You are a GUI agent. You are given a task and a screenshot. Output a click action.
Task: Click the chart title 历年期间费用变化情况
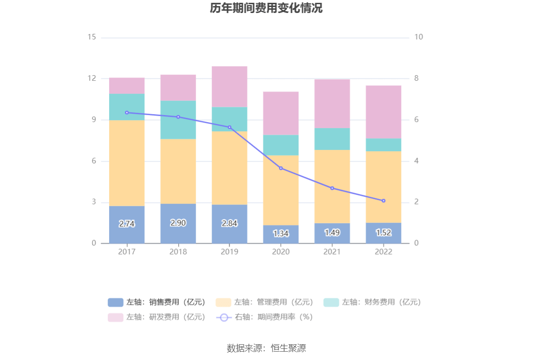(x=266, y=8)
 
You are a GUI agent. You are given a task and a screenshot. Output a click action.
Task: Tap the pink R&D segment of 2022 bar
(x=383, y=112)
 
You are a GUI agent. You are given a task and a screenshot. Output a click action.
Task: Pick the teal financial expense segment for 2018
(x=178, y=120)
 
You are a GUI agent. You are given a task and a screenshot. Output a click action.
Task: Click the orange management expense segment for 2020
(x=281, y=190)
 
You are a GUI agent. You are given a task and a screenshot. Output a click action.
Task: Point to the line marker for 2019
(x=229, y=127)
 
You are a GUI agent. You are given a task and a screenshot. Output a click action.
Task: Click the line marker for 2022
(x=383, y=201)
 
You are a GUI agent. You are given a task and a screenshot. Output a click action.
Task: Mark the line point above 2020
(x=281, y=168)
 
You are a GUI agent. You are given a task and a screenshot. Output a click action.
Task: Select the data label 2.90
(x=178, y=223)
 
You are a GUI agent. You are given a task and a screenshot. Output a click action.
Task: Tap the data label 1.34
(x=281, y=233)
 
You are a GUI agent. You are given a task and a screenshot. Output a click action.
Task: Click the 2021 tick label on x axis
(x=332, y=251)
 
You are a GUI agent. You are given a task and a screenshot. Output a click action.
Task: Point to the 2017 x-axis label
(x=127, y=251)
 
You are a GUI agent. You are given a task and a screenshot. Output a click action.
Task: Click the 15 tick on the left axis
(x=91, y=37)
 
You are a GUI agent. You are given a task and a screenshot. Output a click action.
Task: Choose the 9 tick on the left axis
(x=94, y=120)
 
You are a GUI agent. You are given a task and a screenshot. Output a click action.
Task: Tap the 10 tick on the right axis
(x=418, y=37)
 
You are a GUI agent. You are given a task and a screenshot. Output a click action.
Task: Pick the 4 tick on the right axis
(x=416, y=161)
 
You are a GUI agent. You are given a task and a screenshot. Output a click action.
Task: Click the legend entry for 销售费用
(x=157, y=302)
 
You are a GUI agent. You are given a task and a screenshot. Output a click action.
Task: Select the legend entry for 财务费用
(x=372, y=302)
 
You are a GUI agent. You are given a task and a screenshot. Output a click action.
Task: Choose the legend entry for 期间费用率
(x=265, y=317)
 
